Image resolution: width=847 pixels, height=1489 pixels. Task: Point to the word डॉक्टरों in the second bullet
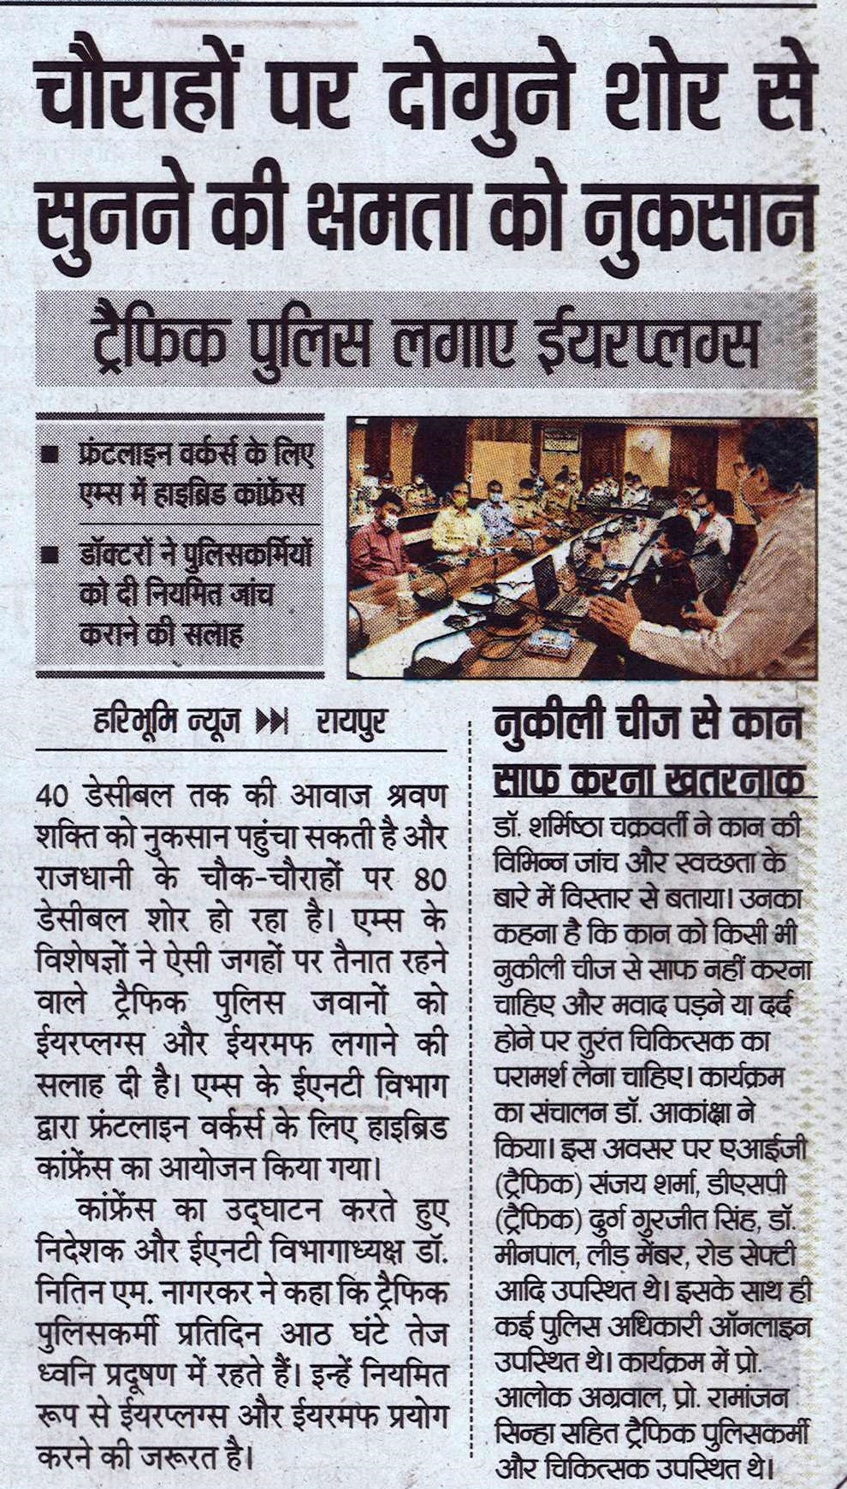(x=127, y=556)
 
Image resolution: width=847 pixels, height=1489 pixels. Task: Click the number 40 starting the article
(x=53, y=795)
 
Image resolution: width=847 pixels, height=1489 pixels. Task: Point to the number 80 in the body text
(x=428, y=880)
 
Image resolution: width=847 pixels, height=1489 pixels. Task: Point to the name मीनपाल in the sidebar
(x=536, y=1255)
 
